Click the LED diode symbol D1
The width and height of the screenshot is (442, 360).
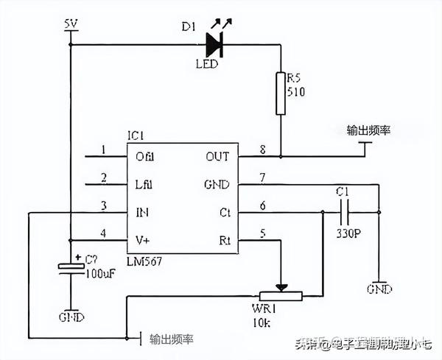pos(214,44)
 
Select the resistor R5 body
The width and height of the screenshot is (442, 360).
pos(281,93)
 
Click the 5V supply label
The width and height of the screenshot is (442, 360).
pos(71,24)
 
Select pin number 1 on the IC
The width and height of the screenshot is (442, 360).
pos(103,149)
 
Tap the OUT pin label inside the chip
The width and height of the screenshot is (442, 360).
pos(217,156)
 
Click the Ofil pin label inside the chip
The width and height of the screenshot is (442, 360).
pos(145,156)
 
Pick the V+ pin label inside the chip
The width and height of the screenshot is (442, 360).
pos(144,239)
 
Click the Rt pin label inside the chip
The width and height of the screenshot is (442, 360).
pos(224,239)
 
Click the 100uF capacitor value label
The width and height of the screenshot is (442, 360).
pos(99,273)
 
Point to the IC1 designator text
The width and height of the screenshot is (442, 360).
pos(136,136)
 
